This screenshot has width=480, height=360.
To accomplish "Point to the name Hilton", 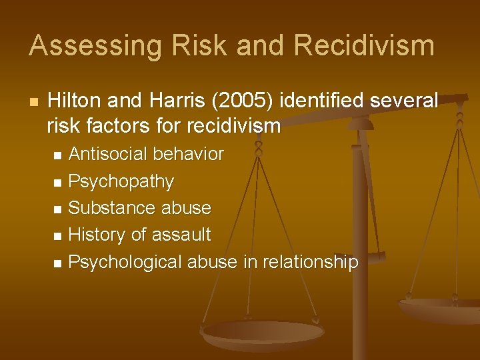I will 76,101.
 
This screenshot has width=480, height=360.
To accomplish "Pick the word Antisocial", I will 108,155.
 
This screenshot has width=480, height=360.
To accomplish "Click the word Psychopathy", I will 121,181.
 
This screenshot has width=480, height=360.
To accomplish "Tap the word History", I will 95,235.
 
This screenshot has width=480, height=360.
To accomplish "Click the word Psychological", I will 125,262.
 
